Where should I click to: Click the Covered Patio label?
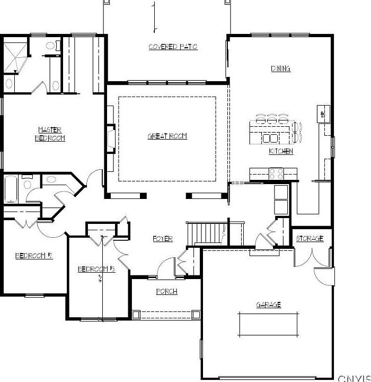click(173, 47)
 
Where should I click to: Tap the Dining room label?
click(280, 69)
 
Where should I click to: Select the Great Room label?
click(167, 136)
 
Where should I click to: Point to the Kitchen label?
click(281, 151)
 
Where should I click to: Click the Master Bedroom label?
click(50, 134)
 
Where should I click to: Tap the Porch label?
click(166, 292)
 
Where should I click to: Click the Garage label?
click(268, 305)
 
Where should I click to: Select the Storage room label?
click(310, 239)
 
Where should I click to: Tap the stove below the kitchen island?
click(276, 172)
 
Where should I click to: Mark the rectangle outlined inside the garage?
click(268, 324)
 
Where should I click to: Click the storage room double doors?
click(305, 257)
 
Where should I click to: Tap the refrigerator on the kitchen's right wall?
click(322, 113)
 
